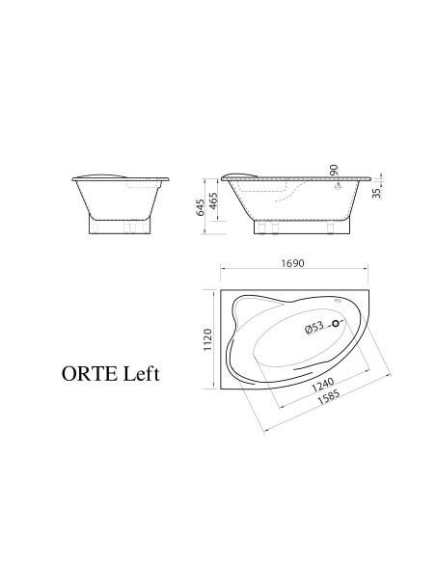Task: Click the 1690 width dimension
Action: pos(292,263)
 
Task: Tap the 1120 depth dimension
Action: pos(207,339)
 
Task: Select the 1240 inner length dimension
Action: pos(323,385)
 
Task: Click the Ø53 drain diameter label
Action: pos(314,328)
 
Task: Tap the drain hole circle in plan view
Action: pos(336,324)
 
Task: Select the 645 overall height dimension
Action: pos(201,207)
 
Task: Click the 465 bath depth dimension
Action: pos(213,201)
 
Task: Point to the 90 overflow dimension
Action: pos(334,170)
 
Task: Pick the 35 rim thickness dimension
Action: pos(376,193)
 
